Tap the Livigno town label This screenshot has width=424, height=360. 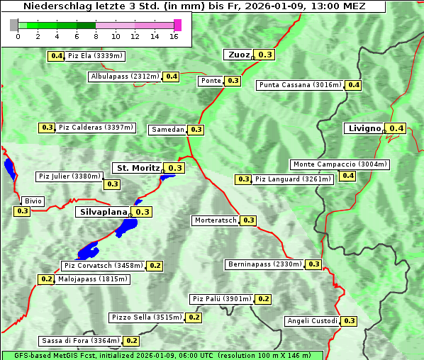364,128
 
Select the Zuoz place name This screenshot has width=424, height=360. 238,55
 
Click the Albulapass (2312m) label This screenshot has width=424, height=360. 125,77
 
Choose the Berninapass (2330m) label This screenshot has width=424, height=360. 264,264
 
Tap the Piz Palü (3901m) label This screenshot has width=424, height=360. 222,299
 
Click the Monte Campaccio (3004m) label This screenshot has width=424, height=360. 340,164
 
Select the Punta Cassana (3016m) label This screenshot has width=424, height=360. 300,85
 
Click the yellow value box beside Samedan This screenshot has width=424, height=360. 196,130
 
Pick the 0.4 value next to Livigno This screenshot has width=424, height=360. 396,128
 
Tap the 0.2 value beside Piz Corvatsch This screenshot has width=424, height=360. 155,266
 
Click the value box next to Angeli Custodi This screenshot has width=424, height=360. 349,321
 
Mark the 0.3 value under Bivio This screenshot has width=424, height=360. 22,211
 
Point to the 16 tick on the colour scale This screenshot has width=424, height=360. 174,37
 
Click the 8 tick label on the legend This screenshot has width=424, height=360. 95,37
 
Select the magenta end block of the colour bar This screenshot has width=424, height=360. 177,25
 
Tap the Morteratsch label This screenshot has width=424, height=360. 216,220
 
